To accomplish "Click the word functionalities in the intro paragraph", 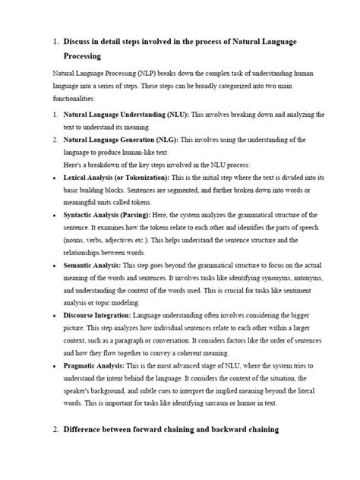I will (74, 99).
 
